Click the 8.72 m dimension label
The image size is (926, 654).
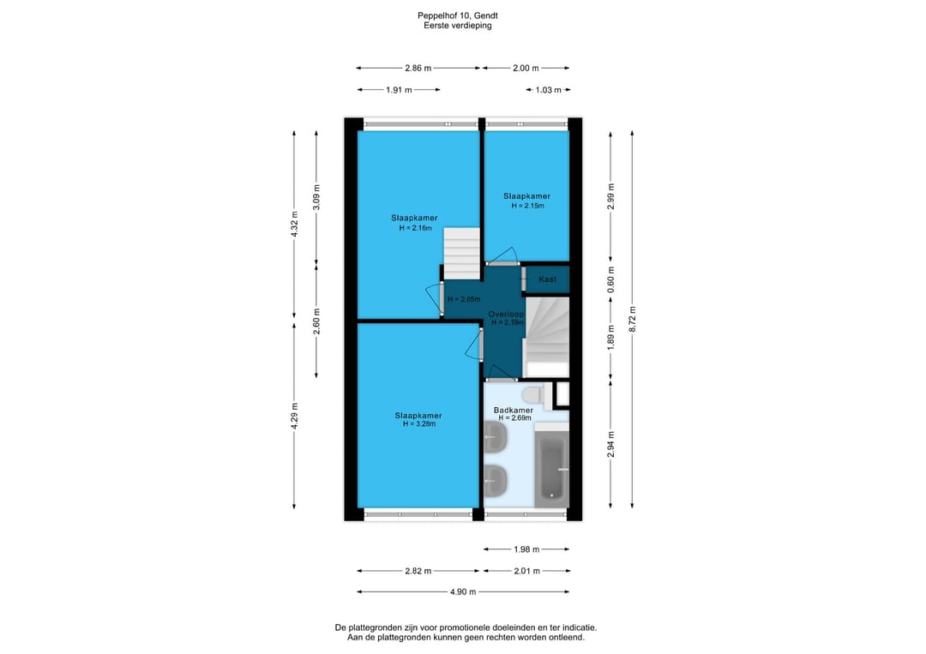(x=632, y=319)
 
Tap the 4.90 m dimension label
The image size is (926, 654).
(x=463, y=592)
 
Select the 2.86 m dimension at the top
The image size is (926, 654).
(x=418, y=68)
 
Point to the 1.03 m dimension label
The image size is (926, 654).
(x=548, y=90)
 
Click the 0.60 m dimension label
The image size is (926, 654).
(x=610, y=279)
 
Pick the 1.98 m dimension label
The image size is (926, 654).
(x=526, y=549)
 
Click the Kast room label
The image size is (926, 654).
(x=547, y=279)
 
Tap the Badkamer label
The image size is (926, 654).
(x=514, y=411)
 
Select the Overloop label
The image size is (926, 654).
(x=506, y=315)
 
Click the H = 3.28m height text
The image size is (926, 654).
(x=418, y=423)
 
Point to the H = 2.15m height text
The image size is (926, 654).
(x=527, y=206)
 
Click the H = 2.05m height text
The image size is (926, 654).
(x=464, y=299)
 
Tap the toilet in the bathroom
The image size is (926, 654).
(x=534, y=393)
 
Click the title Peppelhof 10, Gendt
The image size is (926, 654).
(x=458, y=16)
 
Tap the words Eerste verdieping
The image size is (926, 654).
(x=458, y=26)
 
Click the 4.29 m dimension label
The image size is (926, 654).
(x=294, y=416)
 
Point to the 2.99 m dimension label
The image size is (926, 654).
(x=610, y=196)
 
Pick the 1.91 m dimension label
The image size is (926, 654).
(x=399, y=90)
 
